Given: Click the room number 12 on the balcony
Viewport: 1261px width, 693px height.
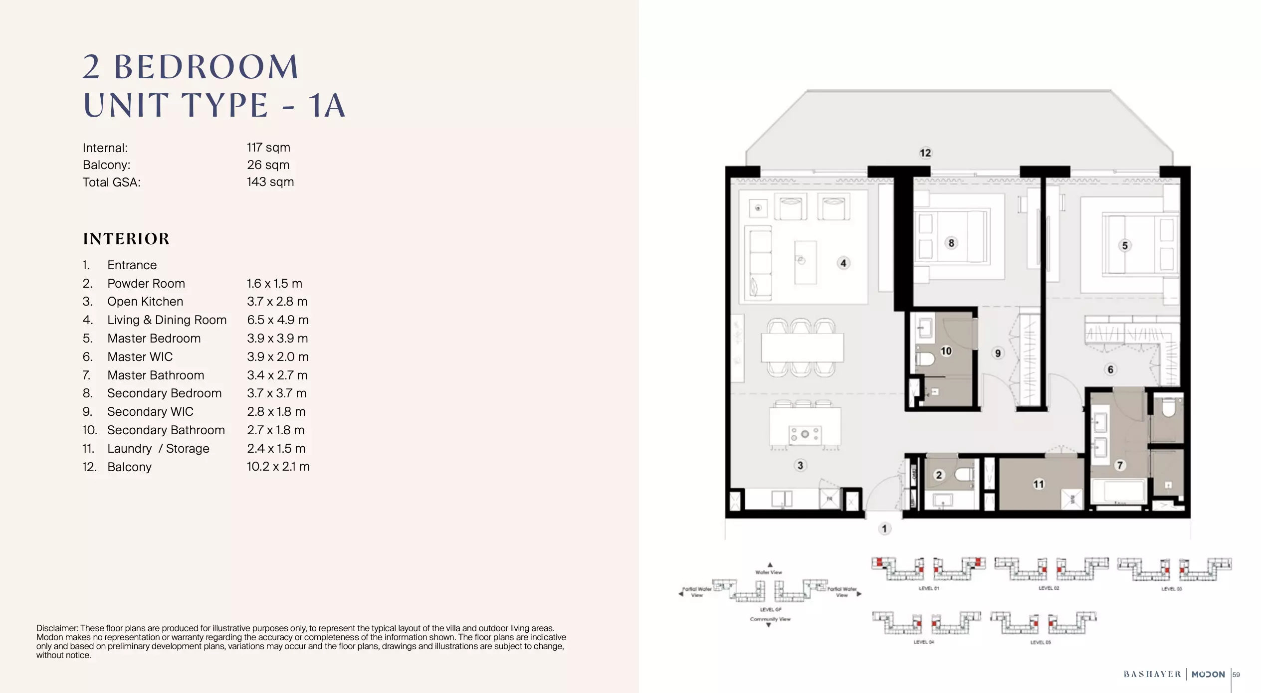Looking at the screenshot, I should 925,153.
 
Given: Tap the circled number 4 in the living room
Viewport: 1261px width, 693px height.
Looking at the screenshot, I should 843,263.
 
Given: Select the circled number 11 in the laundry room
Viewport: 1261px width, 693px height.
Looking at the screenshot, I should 1039,484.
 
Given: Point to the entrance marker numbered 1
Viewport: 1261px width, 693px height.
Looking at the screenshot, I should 884,528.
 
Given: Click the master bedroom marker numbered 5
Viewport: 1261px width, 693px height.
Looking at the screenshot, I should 1125,245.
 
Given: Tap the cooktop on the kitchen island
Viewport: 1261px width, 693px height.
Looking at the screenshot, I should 805,434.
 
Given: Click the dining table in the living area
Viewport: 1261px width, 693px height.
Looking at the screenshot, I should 802,347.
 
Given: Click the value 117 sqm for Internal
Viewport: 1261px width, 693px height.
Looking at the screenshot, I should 268,148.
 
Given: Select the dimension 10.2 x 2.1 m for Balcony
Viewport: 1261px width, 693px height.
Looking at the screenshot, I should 278,467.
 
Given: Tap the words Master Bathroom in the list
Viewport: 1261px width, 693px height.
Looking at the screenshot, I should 156,375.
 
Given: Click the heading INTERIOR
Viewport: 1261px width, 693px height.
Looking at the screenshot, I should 127,239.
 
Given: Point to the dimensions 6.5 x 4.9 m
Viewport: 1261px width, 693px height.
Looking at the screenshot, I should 277,320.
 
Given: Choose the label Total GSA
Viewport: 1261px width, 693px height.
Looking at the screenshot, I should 112,182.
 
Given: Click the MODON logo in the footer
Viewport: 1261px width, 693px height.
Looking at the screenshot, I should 1208,675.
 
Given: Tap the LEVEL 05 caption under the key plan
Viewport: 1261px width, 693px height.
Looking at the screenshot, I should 1040,642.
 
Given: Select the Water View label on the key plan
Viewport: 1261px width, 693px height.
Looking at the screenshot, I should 769,572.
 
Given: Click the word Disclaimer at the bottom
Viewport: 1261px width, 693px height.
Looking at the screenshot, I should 57,628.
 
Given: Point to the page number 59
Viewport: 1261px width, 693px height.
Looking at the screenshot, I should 1236,675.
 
